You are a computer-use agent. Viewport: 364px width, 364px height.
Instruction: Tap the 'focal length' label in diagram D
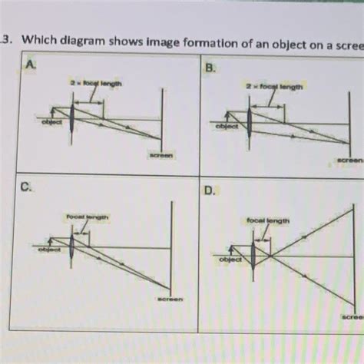pos(268,221)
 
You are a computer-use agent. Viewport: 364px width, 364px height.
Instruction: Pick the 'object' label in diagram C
pos(51,250)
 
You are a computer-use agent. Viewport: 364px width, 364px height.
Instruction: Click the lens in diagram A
pos(73,119)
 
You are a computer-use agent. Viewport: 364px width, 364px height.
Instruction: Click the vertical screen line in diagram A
pos(160,115)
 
